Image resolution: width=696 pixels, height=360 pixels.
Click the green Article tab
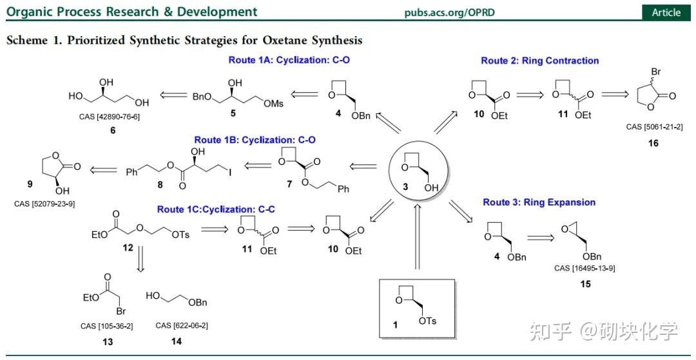click(x=666, y=12)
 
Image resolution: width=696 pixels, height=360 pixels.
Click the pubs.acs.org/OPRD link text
click(x=449, y=12)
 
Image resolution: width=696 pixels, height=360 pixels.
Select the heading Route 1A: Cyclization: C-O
click(x=289, y=59)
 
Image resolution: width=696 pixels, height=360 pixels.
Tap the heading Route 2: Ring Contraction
click(x=540, y=61)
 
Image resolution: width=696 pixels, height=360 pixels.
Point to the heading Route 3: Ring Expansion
click(x=539, y=202)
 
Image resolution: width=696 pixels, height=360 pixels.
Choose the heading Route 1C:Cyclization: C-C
click(x=215, y=209)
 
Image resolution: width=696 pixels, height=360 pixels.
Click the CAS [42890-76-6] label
click(x=113, y=117)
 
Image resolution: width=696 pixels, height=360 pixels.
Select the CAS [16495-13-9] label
click(x=585, y=268)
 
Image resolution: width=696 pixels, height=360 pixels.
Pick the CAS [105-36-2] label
click(x=107, y=327)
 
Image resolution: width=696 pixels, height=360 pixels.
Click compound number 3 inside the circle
click(x=405, y=187)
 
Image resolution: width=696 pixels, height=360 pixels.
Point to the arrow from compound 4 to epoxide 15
click(x=541, y=238)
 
